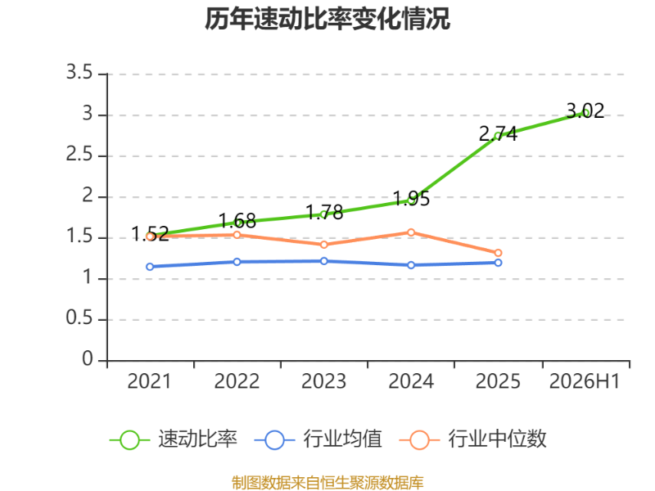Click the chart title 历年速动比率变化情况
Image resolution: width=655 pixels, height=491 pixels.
pos(327,19)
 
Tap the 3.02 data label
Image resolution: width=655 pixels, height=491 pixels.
pos(585,110)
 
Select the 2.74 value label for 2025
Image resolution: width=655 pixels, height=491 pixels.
pos(498,133)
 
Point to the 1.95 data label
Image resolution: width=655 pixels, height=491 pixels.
pos(411,198)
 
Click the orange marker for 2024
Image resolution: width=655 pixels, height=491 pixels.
pos(411,232)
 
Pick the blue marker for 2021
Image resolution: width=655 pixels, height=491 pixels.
pos(150,267)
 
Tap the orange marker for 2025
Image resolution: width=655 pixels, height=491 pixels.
pos(498,253)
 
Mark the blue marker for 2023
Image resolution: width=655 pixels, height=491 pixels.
pos(324,261)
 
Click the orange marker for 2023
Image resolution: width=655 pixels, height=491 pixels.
pos(324,245)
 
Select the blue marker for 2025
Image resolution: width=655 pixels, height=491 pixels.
pos(498,263)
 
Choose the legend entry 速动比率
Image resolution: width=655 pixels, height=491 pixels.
pos(174,439)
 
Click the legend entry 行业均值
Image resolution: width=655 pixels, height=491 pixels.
pos(318,439)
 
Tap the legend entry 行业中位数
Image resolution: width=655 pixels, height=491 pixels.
pos(472,439)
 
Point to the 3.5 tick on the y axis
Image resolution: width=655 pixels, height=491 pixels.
pos(79,73)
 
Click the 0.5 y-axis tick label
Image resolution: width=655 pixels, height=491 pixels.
pos(79,318)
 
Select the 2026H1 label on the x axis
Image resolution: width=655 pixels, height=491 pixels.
pos(585,381)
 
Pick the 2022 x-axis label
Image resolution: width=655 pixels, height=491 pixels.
pos(237,381)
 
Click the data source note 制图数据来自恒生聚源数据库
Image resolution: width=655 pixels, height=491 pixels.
pos(327,483)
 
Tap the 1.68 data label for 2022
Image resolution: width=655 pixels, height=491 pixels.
pos(237,221)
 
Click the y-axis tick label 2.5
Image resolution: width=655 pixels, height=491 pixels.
pos(79,155)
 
